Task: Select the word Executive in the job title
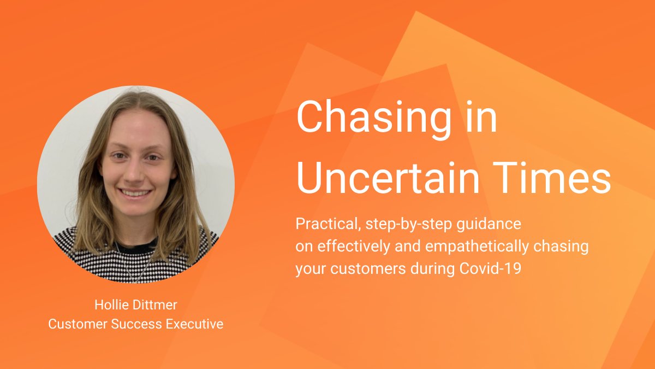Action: (x=195, y=324)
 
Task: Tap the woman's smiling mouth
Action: (x=135, y=192)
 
